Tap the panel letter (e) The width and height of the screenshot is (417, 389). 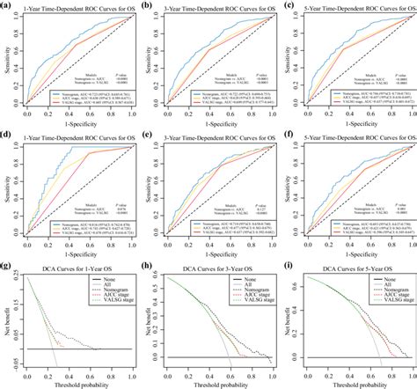tap(147, 135)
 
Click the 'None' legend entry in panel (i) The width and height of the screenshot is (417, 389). tap(382, 277)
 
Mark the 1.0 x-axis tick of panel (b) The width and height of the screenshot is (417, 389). tap(268, 114)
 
